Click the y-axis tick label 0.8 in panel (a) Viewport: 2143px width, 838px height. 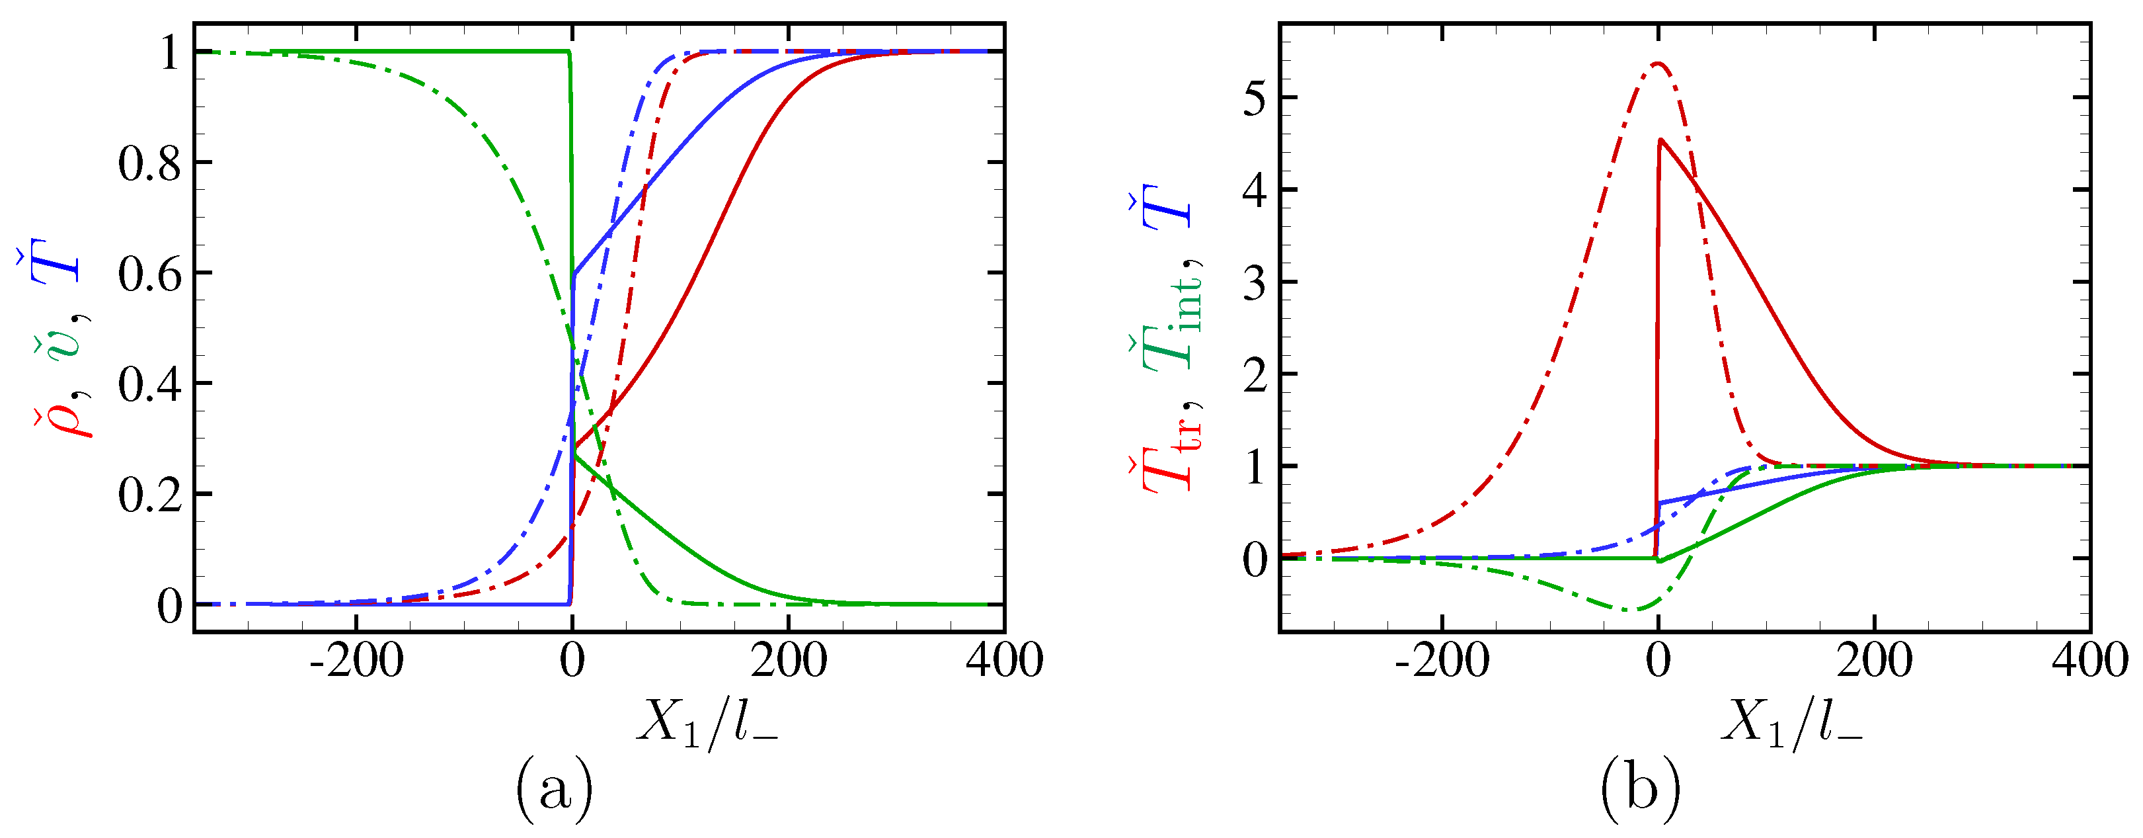pyautogui.click(x=150, y=164)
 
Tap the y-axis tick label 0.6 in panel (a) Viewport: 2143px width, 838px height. pyautogui.click(x=150, y=274)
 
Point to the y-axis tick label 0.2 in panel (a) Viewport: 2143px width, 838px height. pyautogui.click(x=150, y=496)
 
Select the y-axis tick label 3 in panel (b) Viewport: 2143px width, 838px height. pyautogui.click(x=1257, y=284)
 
